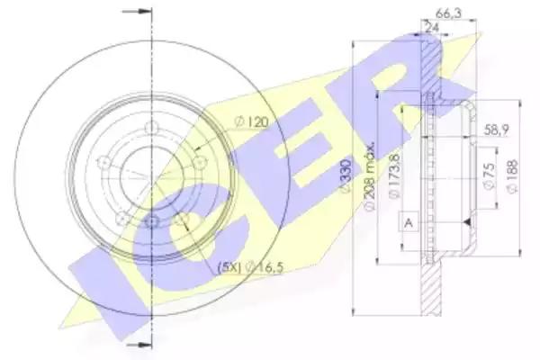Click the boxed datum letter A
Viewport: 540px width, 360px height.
(409, 220)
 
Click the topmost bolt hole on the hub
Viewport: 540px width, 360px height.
(151, 136)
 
